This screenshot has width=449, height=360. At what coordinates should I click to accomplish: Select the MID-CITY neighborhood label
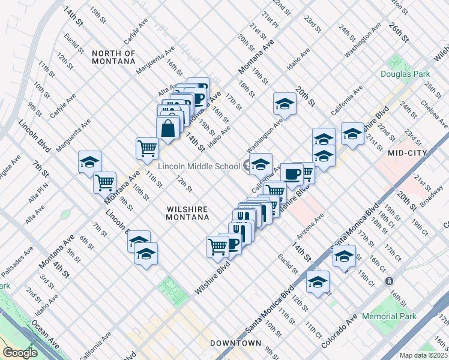coord(407,153)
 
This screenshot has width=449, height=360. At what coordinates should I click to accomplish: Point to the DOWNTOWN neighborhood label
coord(236,343)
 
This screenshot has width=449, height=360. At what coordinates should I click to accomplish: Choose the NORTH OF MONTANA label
coord(113,57)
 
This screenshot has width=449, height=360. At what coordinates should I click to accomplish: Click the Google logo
coord(20,353)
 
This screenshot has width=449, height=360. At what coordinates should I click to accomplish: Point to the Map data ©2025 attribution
coord(424,355)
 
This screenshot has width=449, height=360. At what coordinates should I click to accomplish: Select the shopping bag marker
coord(168,127)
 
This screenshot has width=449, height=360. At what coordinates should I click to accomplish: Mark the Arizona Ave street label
coord(311,224)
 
